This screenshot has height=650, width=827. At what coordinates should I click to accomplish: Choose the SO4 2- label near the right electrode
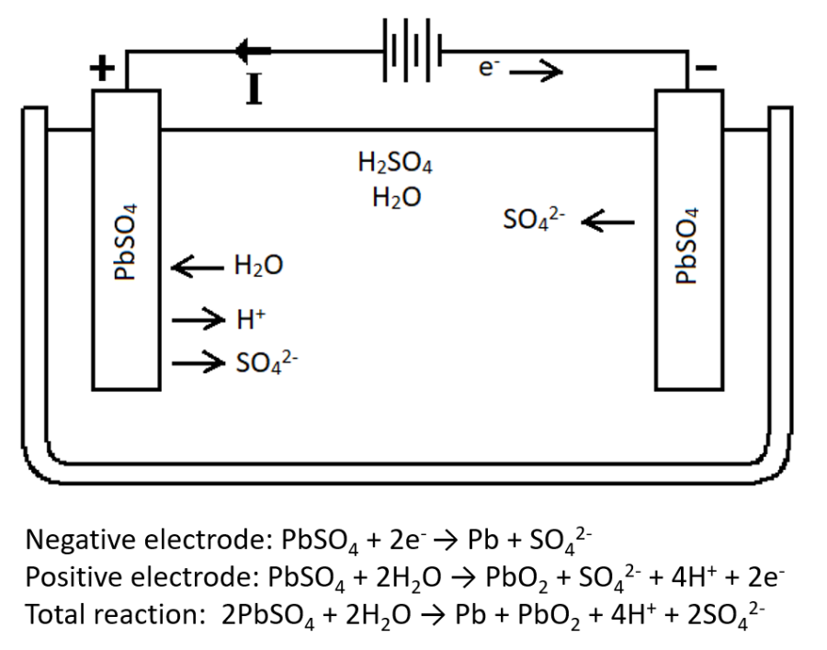(537, 222)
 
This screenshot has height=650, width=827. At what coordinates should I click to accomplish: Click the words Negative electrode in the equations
(138, 537)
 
